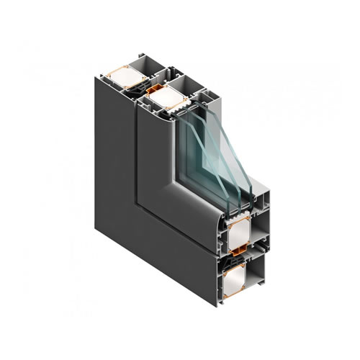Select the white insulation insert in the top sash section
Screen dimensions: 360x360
pyautogui.click(x=167, y=96)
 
